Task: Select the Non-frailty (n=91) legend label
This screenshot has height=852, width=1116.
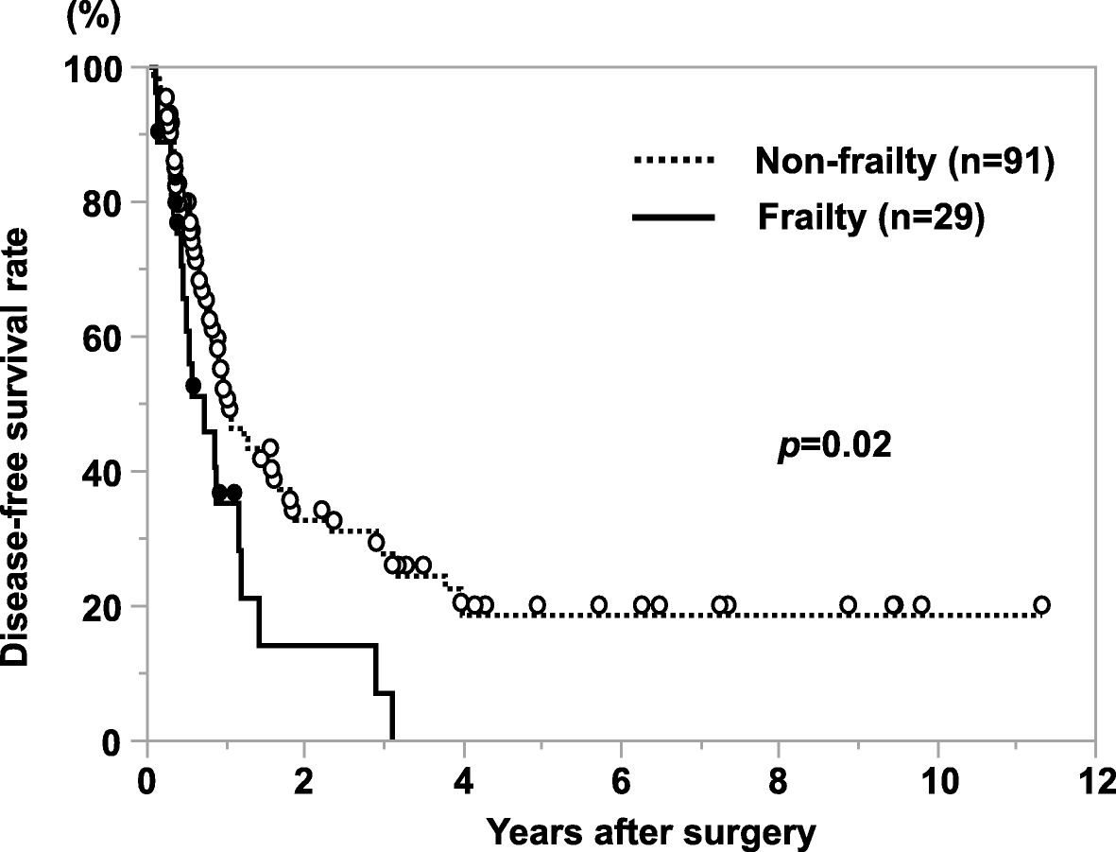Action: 903,164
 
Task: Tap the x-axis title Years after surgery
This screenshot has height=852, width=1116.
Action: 650,832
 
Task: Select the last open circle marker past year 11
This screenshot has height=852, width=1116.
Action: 1041,605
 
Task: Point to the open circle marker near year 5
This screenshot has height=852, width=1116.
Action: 537,605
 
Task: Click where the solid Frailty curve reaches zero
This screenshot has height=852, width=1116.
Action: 391,739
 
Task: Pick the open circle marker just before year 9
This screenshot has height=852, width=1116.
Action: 848,605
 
